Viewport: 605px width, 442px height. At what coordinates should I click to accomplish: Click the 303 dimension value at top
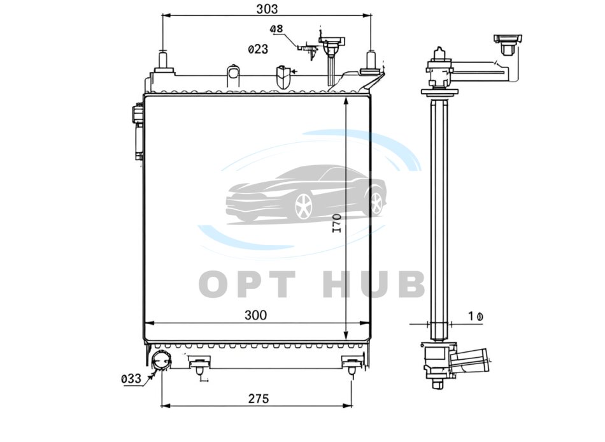(267, 8)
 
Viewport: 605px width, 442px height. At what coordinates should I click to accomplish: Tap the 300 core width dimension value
(255, 315)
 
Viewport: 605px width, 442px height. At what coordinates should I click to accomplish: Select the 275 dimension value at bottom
(258, 399)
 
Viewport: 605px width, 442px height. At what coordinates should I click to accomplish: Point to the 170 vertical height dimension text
(337, 223)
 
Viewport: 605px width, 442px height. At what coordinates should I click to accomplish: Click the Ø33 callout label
(131, 379)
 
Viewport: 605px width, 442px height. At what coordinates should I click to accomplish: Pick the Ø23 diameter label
(258, 49)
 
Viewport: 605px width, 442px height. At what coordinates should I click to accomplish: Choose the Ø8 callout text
(276, 29)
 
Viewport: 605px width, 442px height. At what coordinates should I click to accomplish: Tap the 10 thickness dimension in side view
(475, 316)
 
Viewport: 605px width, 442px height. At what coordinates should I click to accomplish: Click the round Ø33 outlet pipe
(161, 360)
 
